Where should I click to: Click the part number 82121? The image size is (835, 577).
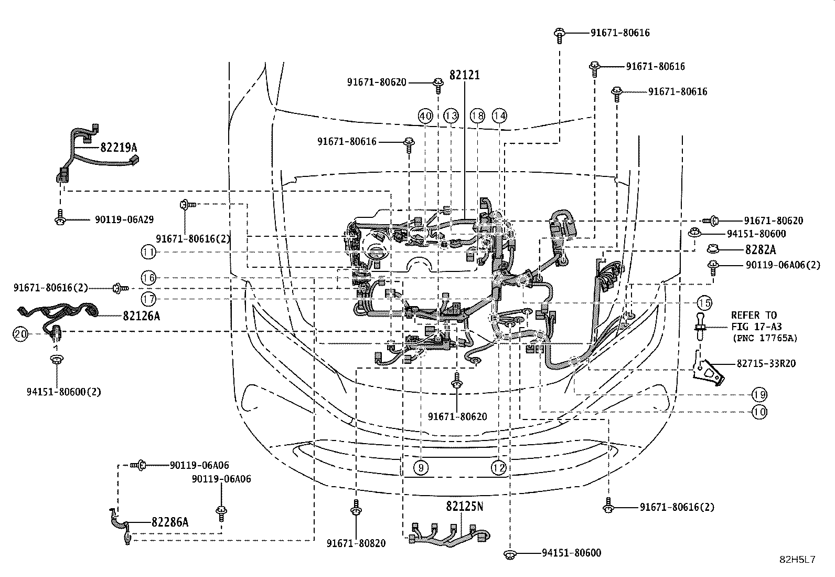point(465,75)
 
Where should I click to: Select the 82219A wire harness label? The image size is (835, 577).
point(119,148)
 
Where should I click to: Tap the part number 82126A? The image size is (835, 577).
point(141,316)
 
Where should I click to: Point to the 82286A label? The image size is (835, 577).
point(170,522)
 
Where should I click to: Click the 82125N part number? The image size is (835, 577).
point(465,506)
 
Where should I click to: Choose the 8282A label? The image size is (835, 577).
point(761,249)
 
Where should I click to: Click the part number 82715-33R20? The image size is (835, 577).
point(766,363)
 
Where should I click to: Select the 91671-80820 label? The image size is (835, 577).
point(356,543)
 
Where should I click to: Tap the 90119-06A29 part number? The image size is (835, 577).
point(124,219)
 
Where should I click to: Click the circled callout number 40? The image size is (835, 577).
point(425,116)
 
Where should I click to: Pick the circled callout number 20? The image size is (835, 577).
point(20,334)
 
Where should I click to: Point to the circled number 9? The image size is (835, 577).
point(421,468)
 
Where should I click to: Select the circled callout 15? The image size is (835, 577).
point(704,303)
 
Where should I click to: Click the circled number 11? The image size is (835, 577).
point(148,253)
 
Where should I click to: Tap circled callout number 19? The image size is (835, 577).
point(759,394)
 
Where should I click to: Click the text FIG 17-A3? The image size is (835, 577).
point(756,327)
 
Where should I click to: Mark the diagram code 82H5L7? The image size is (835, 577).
point(797,560)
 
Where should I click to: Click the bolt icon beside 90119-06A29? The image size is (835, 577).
point(60,217)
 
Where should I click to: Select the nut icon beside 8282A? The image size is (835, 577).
point(713,248)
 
